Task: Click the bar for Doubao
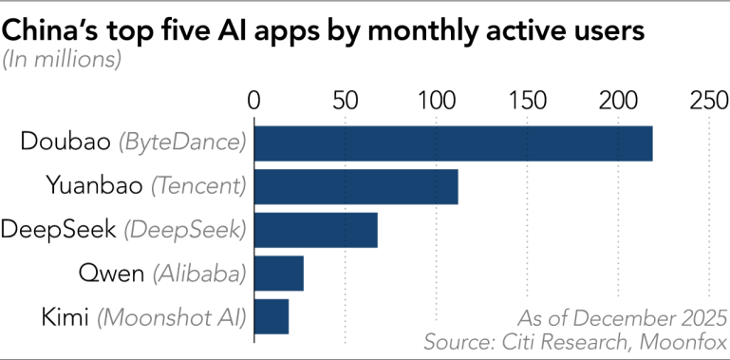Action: [453, 142]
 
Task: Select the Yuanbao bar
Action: [356, 186]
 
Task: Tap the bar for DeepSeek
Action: [316, 230]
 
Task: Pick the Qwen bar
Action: [279, 274]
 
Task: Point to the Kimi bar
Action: [271, 316]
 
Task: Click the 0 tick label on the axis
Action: [253, 100]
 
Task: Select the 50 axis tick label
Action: [345, 100]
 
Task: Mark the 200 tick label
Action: [618, 100]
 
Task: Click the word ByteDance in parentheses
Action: [181, 143]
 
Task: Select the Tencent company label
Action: [198, 186]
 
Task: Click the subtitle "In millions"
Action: [63, 60]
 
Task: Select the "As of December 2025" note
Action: [623, 316]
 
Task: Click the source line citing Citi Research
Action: [576, 340]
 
